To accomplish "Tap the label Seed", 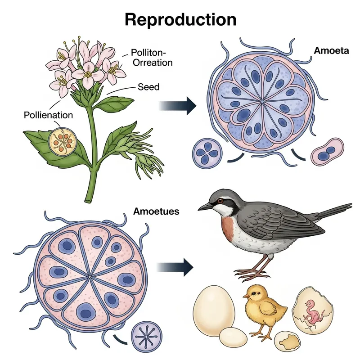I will coord(148,86).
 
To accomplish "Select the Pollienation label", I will coord(48,115).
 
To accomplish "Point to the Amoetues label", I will coord(157,211).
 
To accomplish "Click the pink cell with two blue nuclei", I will coord(328,152).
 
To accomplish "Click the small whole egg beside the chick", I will coord(233,336).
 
